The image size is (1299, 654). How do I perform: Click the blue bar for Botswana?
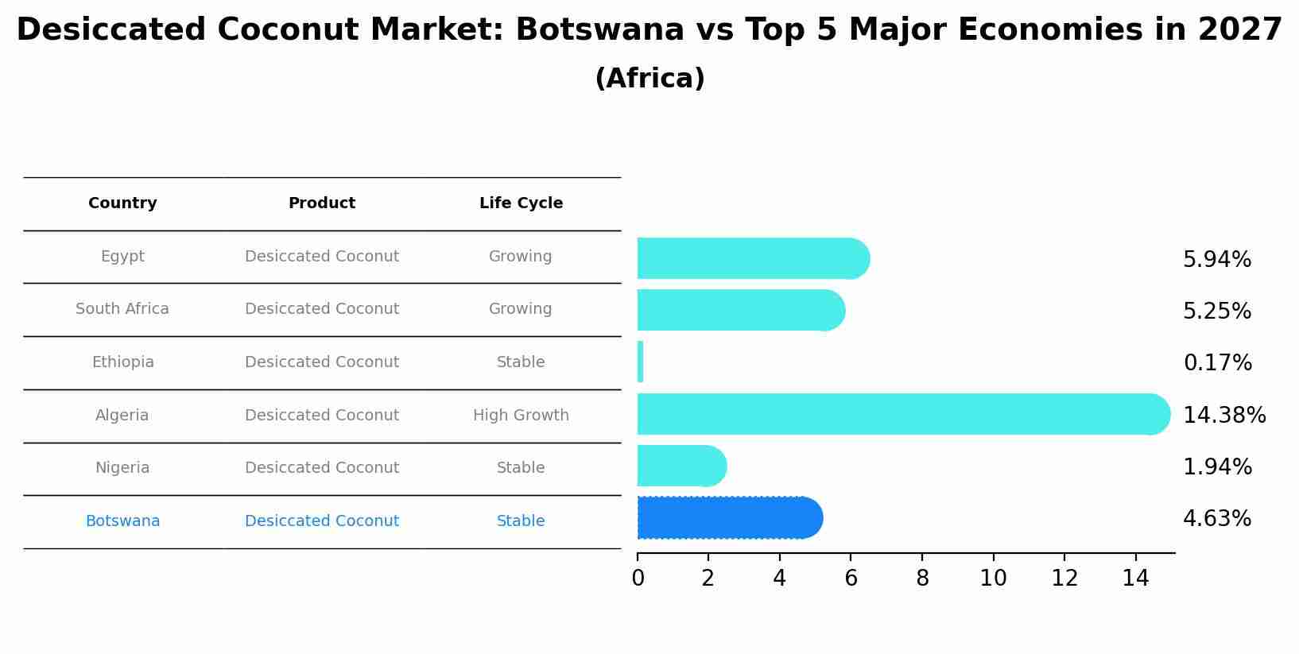pyautogui.click(x=727, y=518)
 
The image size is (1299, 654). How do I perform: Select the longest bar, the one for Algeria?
pyautogui.click(x=902, y=414)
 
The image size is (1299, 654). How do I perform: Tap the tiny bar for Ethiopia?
pyautogui.click(x=640, y=362)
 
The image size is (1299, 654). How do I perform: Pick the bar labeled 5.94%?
pyautogui.click(x=751, y=258)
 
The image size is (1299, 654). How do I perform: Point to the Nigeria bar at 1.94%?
pyautogui.click(x=680, y=466)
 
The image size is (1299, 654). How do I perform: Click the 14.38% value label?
pyautogui.click(x=1223, y=415)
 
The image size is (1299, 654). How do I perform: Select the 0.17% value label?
pyautogui.click(x=1217, y=363)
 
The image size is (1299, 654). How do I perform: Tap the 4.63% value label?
pyautogui.click(x=1216, y=519)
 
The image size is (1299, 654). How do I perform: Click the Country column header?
pyautogui.click(x=122, y=203)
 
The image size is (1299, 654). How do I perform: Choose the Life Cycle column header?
pyautogui.click(x=521, y=203)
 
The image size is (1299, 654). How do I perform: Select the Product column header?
pyautogui.click(x=321, y=203)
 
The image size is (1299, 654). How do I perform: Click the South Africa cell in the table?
pyautogui.click(x=122, y=309)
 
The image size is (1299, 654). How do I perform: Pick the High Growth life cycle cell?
pyautogui.click(x=521, y=415)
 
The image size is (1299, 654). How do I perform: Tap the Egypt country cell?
pyautogui.click(x=122, y=257)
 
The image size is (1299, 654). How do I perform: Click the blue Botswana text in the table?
pyautogui.click(x=122, y=521)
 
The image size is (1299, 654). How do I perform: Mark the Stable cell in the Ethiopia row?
pyautogui.click(x=521, y=362)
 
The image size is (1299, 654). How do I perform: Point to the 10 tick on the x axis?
pyautogui.click(x=993, y=579)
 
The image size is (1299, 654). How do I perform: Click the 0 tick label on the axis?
pyautogui.click(x=638, y=579)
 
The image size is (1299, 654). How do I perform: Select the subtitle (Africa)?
pyautogui.click(x=649, y=79)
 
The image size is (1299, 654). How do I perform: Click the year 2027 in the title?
pyautogui.click(x=1239, y=30)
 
